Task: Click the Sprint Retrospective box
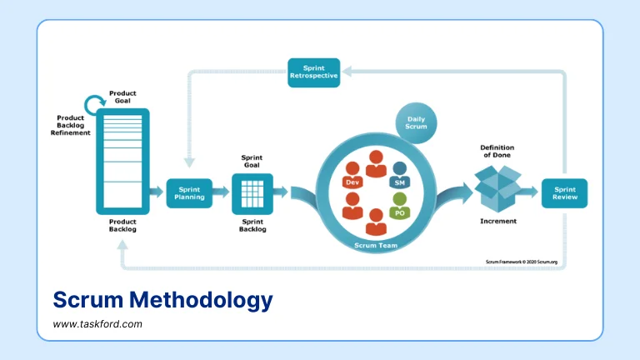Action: click(313, 72)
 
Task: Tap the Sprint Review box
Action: click(564, 192)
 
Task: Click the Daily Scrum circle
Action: click(416, 122)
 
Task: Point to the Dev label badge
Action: click(351, 182)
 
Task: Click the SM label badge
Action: click(399, 182)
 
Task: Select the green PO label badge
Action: click(399, 212)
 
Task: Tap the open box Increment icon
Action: click(497, 187)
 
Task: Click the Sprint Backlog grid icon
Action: click(252, 192)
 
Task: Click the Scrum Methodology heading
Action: click(162, 300)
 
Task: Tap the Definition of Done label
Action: click(497, 152)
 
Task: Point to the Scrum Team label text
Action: click(377, 245)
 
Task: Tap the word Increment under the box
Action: click(497, 221)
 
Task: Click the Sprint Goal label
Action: click(252, 161)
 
